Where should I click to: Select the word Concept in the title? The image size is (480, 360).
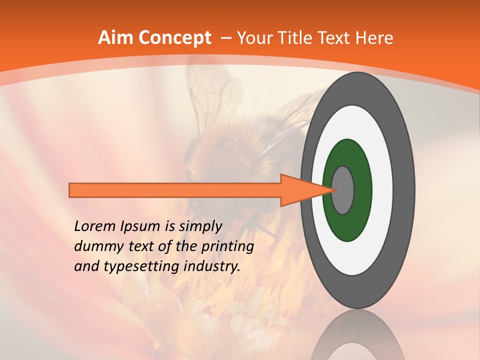click(174, 38)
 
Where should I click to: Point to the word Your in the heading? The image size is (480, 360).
click(255, 38)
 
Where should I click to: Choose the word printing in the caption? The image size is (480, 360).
click(227, 246)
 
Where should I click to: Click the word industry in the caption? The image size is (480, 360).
click(210, 266)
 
